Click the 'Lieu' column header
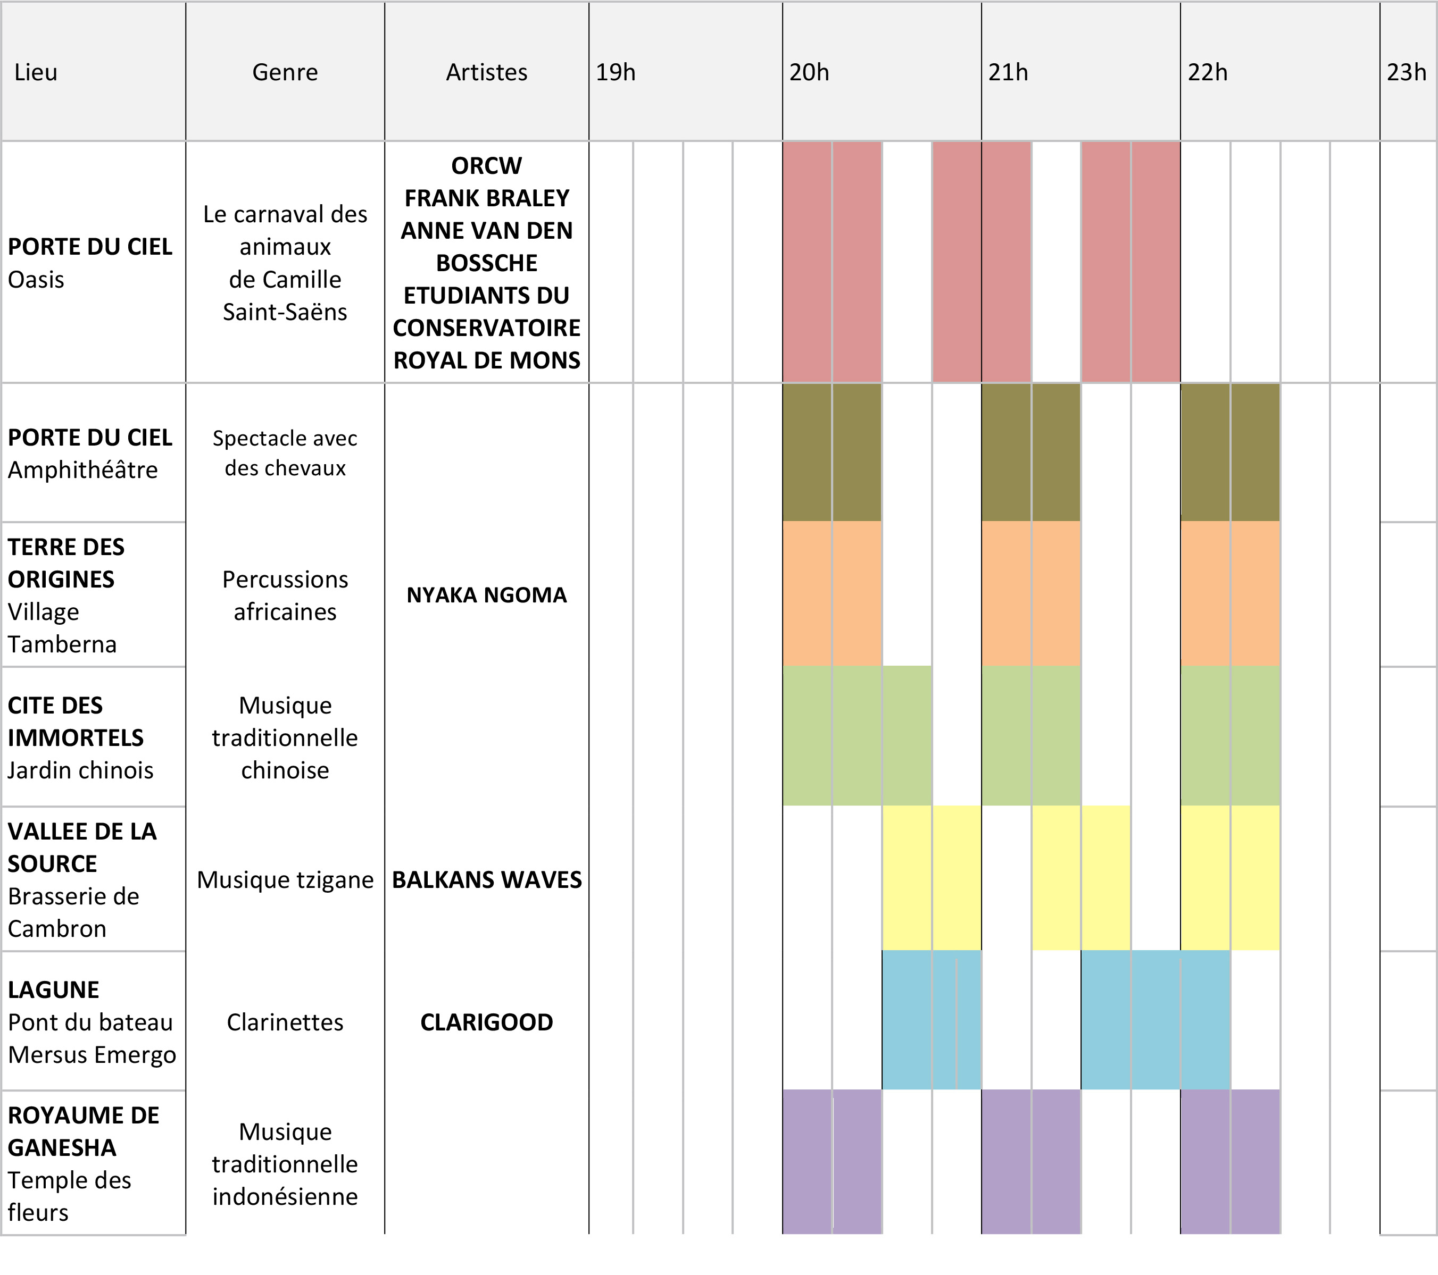tap(36, 72)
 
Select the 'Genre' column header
tap(285, 72)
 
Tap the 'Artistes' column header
tap(486, 72)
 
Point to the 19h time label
tap(616, 72)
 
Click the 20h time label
tap(809, 72)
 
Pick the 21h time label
tap(1008, 72)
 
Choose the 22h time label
tap(1207, 72)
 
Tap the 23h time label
tap(1406, 72)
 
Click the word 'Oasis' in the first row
tap(36, 279)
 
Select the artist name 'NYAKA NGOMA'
tap(486, 595)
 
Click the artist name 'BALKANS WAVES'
tap(486, 880)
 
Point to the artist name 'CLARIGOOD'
tap(486, 1022)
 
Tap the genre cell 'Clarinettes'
tap(285, 1022)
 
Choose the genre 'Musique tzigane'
tap(285, 880)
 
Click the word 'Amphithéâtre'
tap(83, 470)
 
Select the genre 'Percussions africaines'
tap(285, 595)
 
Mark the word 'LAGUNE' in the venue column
tap(54, 989)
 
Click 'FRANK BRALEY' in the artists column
tap(486, 198)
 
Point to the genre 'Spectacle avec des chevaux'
tap(285, 453)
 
